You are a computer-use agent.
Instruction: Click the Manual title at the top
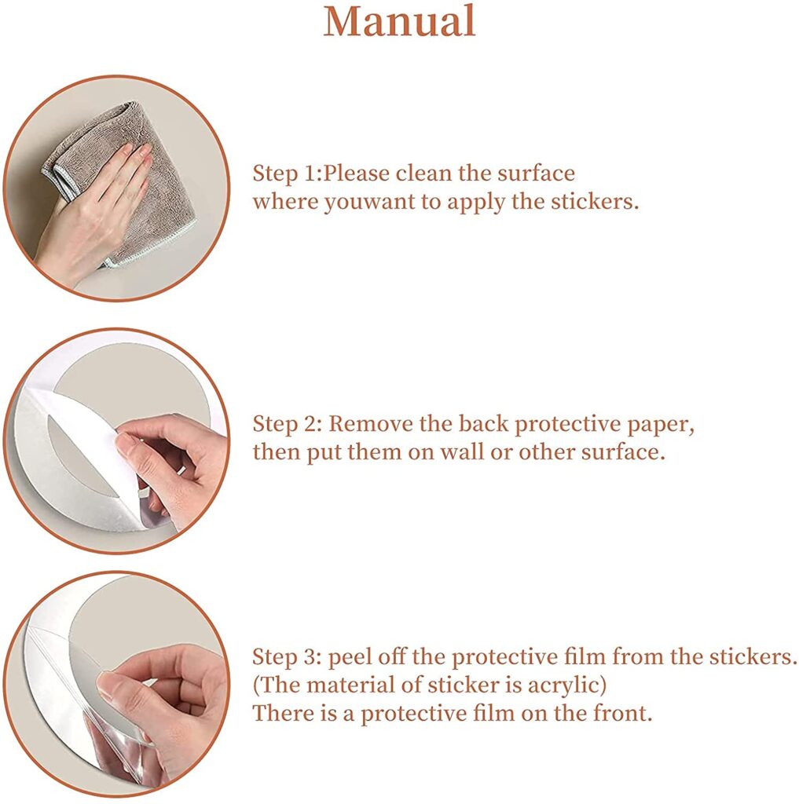pos(399,21)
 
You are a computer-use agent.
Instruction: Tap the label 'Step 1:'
pos(287,174)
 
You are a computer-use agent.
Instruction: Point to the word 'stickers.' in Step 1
pos(595,202)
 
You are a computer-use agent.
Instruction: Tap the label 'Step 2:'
pos(287,424)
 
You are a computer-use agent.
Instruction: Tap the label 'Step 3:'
pos(287,657)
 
